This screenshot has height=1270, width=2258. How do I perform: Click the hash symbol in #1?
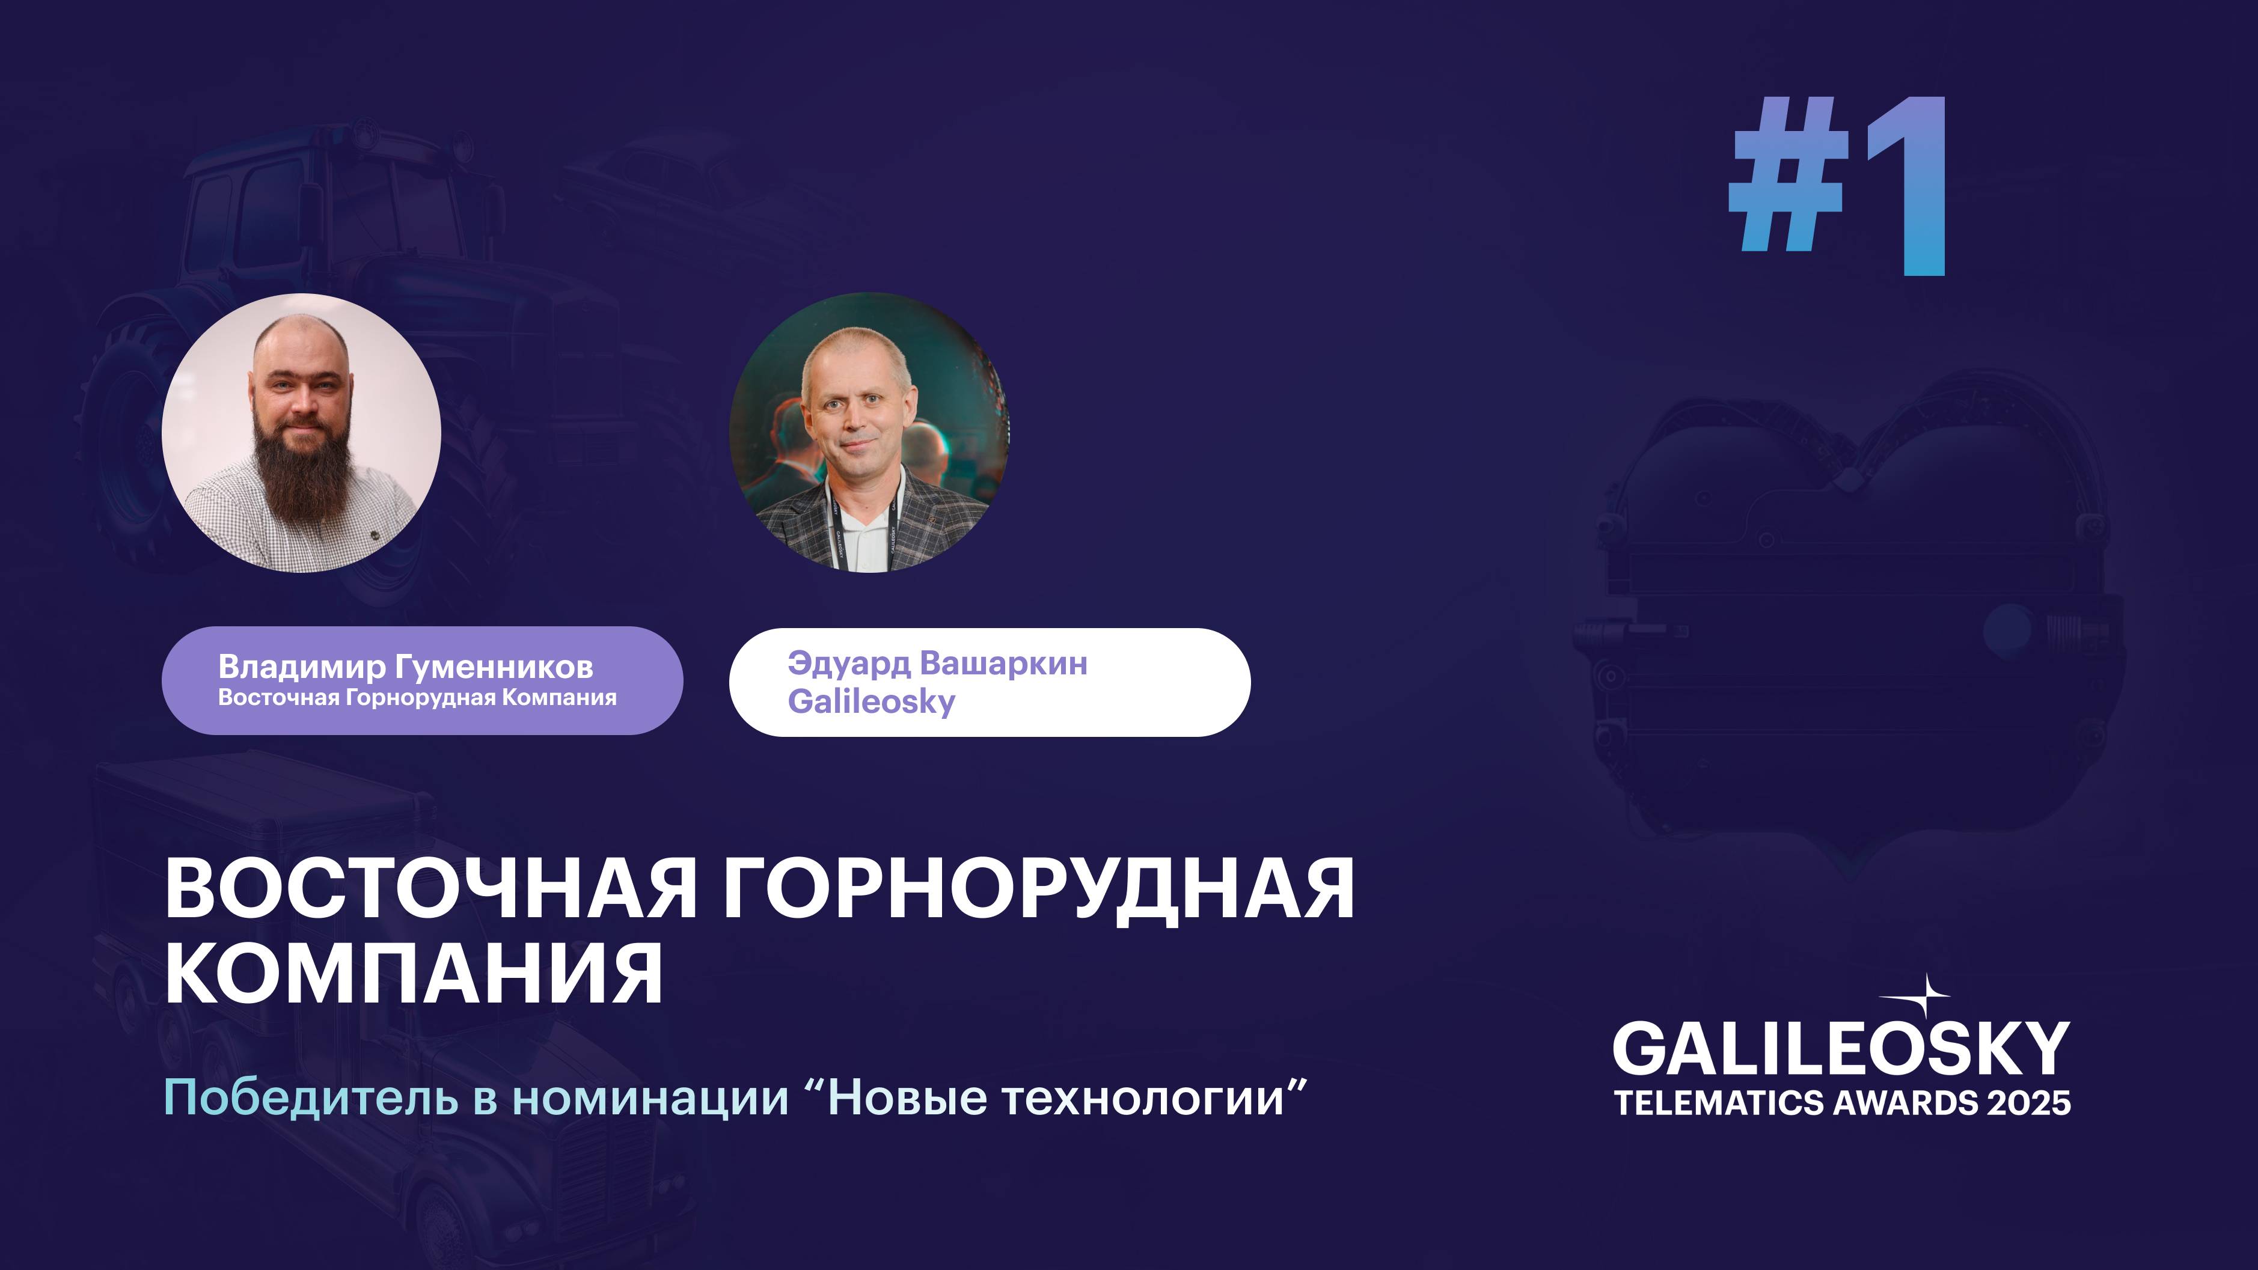[x=1788, y=186]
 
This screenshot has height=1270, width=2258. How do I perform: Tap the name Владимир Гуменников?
[x=405, y=667]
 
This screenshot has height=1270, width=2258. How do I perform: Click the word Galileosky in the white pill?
[x=870, y=702]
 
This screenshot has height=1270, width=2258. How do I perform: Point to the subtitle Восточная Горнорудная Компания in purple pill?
[x=417, y=698]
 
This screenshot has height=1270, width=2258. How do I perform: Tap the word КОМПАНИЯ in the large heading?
[x=414, y=975]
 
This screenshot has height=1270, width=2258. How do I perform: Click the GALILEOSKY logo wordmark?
[x=1841, y=1050]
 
